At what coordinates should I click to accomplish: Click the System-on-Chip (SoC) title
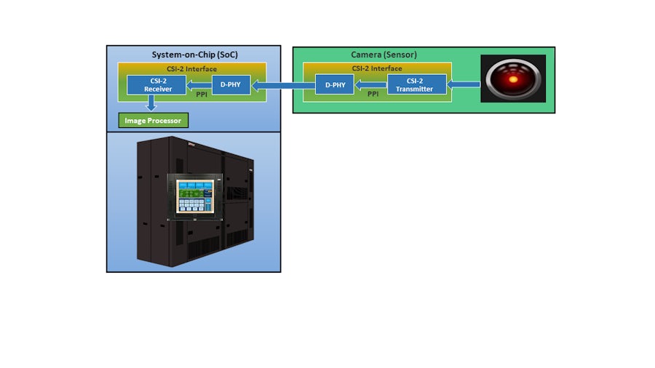click(x=194, y=55)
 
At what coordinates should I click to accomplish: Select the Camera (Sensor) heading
click(x=384, y=55)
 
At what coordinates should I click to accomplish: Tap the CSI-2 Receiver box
click(x=156, y=85)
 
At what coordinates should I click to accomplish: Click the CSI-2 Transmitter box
click(x=416, y=84)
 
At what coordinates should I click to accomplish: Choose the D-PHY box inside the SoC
click(x=231, y=84)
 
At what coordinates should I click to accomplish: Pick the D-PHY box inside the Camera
click(x=335, y=84)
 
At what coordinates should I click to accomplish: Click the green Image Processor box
click(x=153, y=120)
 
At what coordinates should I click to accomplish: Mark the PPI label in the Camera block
click(x=373, y=94)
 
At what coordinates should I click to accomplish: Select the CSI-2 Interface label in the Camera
click(x=377, y=68)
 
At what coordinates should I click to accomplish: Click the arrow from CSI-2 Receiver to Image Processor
click(x=151, y=104)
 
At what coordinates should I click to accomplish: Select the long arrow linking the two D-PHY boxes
click(x=282, y=86)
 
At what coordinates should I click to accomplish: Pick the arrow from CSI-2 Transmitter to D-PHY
click(x=370, y=85)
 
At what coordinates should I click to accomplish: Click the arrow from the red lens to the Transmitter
click(x=464, y=85)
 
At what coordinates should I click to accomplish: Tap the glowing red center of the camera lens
click(x=515, y=79)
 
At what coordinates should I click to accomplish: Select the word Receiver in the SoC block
click(x=156, y=89)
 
